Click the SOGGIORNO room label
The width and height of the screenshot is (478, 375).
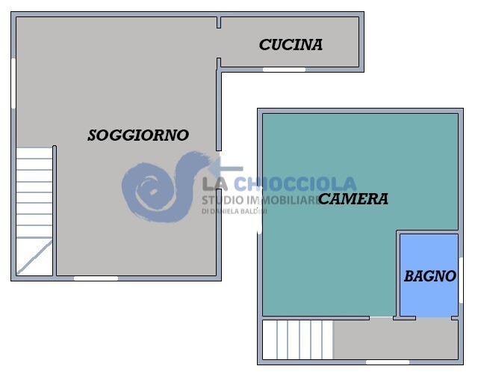click(138, 135)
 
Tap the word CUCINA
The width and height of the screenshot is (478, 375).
click(291, 45)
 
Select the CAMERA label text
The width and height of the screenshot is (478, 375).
click(353, 199)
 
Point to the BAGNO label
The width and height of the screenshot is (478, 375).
click(429, 276)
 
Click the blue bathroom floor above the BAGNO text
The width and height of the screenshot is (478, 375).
click(429, 251)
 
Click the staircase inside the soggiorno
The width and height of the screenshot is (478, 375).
click(34, 195)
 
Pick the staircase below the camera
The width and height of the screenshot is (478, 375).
click(297, 340)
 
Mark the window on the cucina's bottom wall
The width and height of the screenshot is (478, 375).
click(284, 70)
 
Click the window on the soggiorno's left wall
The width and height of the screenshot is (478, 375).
click(13, 82)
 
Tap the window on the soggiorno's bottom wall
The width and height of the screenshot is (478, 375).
click(96, 278)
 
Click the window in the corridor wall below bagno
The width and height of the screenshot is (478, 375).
click(388, 362)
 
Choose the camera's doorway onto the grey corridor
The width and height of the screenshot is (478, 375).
click(381, 318)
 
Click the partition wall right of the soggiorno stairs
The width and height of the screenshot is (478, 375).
click(55, 210)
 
